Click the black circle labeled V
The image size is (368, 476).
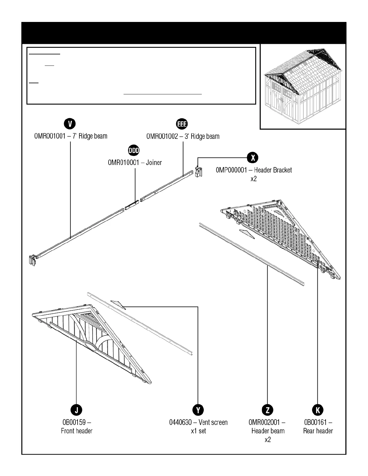tap(70, 124)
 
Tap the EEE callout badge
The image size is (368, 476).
tap(182, 124)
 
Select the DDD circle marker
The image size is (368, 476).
tap(134, 150)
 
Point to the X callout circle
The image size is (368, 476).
tap(253, 157)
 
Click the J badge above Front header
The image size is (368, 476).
tap(76, 410)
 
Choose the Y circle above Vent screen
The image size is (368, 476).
tap(198, 410)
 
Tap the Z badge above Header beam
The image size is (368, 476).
tap(268, 410)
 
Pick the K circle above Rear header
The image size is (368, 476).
tap(317, 410)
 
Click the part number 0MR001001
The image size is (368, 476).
tap(50, 136)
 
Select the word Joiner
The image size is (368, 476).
tap(154, 163)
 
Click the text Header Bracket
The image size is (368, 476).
tap(273, 170)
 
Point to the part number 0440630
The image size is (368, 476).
tap(180, 423)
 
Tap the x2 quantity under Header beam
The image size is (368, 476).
tap(268, 440)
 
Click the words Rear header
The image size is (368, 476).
tap(318, 431)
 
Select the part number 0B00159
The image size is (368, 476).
tap(74, 423)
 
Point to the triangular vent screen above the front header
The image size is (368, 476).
tap(118, 304)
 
